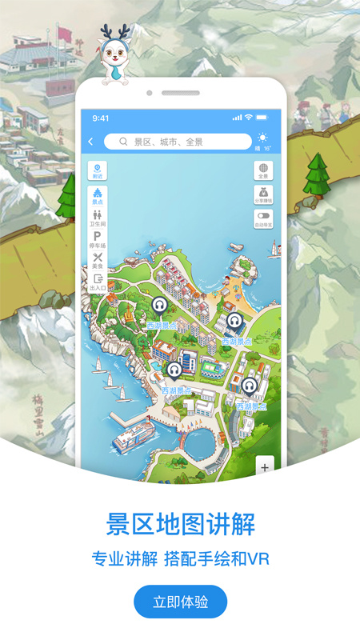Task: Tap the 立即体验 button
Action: click(x=180, y=602)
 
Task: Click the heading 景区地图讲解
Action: click(x=180, y=526)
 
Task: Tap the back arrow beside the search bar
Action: click(x=90, y=142)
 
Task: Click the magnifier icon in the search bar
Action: click(x=123, y=142)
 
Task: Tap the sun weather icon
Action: click(x=263, y=138)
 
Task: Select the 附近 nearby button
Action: click(x=98, y=170)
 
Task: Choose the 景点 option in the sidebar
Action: click(x=98, y=195)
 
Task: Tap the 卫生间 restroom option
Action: click(x=98, y=218)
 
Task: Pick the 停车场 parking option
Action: click(x=98, y=239)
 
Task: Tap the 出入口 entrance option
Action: click(x=98, y=282)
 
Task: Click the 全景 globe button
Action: click(x=264, y=171)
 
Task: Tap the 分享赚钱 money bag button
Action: click(x=264, y=194)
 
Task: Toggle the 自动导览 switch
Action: click(x=264, y=217)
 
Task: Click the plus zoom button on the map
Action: click(x=265, y=466)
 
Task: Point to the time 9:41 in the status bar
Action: click(x=101, y=118)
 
